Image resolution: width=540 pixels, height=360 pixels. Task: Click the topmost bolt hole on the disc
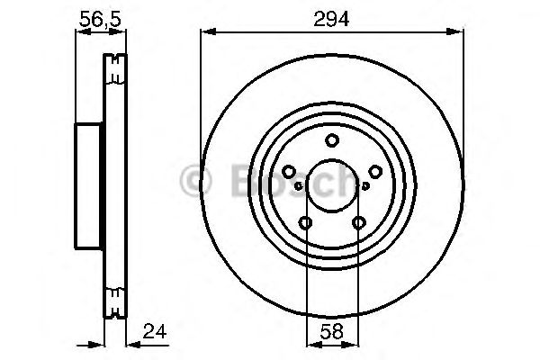point(332,140)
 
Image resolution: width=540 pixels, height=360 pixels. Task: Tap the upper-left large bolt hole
point(289,172)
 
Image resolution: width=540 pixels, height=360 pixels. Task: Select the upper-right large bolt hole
point(375,172)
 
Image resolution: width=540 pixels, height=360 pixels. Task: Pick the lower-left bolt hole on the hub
point(306,223)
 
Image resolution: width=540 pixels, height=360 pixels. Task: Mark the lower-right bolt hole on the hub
point(359,223)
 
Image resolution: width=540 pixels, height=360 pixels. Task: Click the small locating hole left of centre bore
point(298,186)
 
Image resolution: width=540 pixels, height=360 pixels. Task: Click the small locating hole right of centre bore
point(366,186)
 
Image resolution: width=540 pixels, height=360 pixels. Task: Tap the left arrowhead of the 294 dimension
point(206,33)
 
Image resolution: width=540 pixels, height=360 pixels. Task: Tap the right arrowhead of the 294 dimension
point(459,33)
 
